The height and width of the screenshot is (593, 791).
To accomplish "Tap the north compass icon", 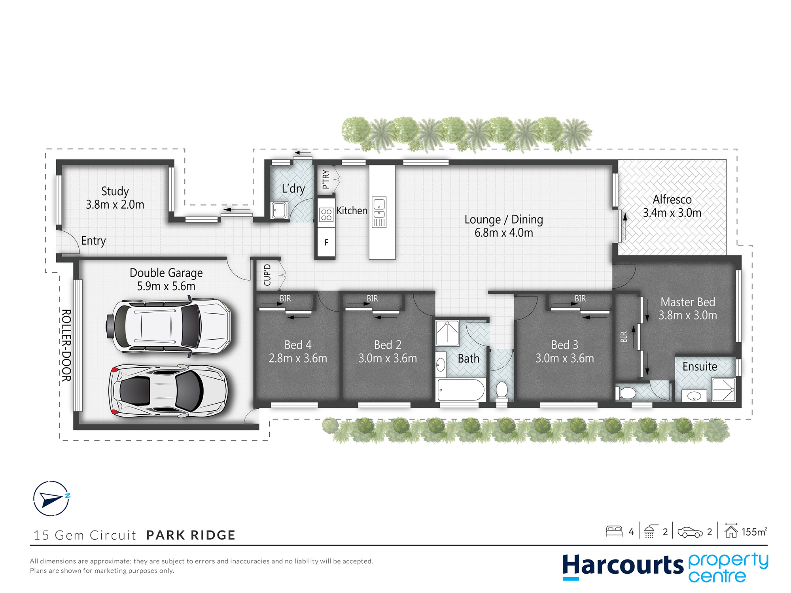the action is click(x=51, y=499).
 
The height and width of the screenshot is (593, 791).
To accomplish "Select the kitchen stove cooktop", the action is click(x=326, y=215).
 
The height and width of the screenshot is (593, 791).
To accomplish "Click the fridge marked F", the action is click(x=326, y=242).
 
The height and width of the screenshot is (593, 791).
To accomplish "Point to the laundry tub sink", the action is click(x=279, y=210).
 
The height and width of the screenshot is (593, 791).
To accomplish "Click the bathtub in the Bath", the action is click(x=461, y=390).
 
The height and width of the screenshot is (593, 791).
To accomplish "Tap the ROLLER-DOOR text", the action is click(x=66, y=345).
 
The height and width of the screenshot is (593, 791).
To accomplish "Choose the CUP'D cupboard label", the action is click(x=267, y=275).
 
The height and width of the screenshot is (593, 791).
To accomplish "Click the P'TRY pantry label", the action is click(x=325, y=179).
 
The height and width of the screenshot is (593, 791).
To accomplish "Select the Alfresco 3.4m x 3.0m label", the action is click(x=672, y=206).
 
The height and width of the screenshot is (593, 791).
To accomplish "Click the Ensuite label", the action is click(x=700, y=366).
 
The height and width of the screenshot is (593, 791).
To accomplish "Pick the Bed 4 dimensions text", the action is click(x=298, y=358).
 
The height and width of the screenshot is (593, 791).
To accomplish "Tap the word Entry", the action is click(x=93, y=241).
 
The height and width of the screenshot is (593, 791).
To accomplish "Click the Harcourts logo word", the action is click(x=623, y=566).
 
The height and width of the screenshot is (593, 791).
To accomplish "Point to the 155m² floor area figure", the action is click(x=754, y=532).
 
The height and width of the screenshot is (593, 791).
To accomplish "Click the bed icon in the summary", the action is click(x=614, y=531).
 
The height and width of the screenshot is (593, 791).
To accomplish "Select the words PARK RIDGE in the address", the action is click(x=191, y=535).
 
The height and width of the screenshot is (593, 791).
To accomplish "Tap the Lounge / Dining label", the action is click(x=503, y=219).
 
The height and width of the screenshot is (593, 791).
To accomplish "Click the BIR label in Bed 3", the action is click(x=580, y=298).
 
